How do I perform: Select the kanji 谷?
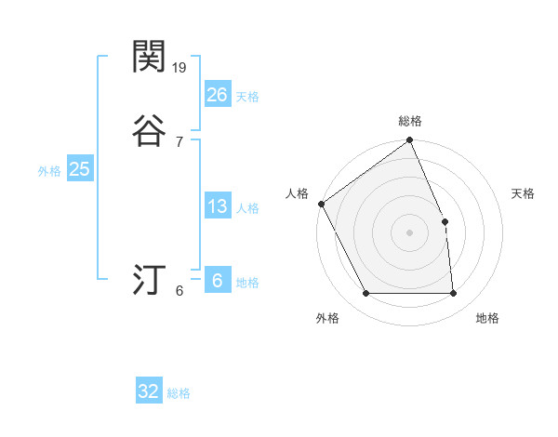coord(149,131)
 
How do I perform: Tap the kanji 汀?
coord(149,279)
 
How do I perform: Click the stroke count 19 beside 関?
coord(180,68)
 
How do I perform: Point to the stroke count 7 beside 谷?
coord(179,142)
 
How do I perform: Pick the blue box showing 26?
coord(217,95)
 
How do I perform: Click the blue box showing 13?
coord(217,206)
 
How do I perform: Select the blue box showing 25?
coord(79,169)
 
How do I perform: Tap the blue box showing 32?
coord(149,391)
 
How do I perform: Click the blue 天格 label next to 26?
coord(247,97)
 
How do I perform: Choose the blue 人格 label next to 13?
coord(247,208)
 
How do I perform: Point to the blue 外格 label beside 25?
coord(49,171)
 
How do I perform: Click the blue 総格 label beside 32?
coord(179,393)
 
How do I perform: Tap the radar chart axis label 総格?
coord(410,121)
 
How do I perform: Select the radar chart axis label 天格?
coord(524,193)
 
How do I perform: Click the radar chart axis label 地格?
coord(487,319)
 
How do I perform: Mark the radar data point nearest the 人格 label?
coord(321,204)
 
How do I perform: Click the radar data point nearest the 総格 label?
coord(410,140)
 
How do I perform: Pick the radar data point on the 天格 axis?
coord(445,221)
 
